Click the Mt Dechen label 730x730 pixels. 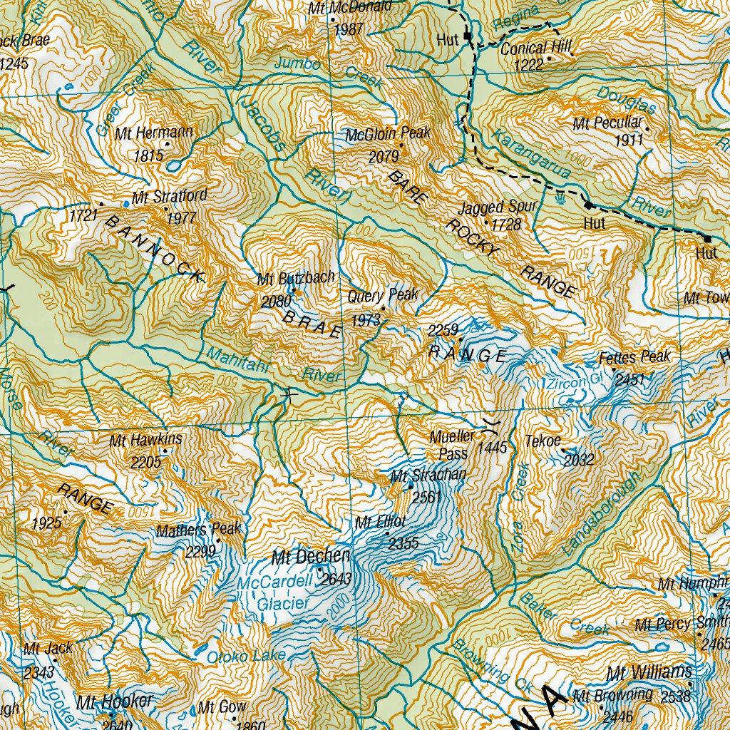(311, 556)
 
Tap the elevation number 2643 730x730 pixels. (336, 580)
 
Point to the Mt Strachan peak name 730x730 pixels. (428, 475)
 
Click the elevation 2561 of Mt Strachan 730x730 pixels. (427, 497)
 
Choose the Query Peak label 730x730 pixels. (383, 295)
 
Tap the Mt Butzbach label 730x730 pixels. (296, 278)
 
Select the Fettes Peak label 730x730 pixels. (635, 356)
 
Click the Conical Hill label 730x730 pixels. (536, 48)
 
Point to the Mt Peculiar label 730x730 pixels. (607, 123)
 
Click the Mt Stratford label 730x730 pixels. (170, 196)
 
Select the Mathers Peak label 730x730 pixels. (199, 530)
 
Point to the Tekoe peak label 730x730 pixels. (543, 440)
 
